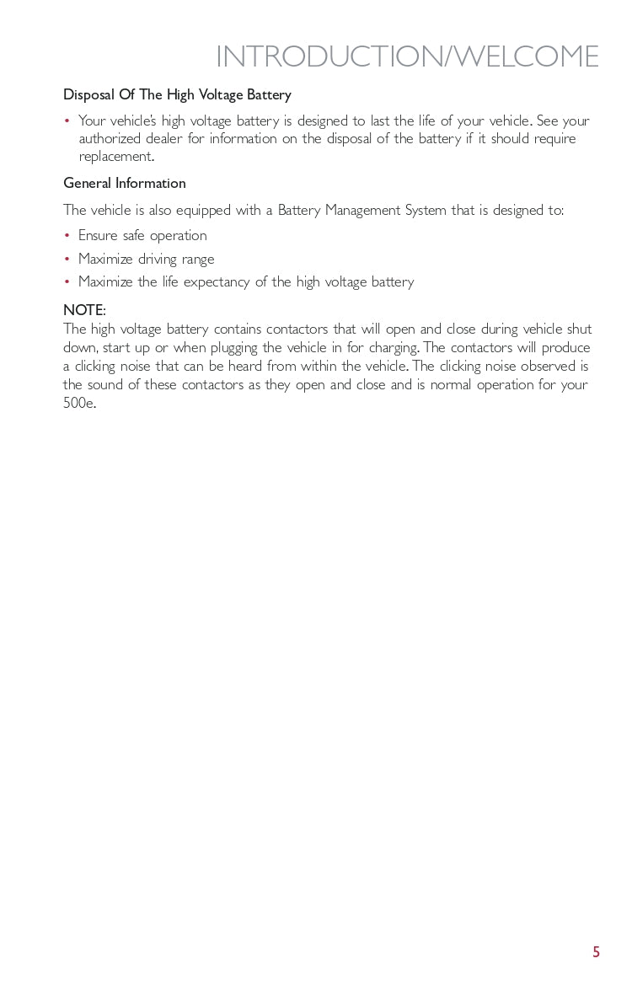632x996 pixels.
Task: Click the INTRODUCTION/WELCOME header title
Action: coord(407,57)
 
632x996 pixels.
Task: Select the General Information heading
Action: coord(125,183)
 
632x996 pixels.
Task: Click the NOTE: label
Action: coord(84,310)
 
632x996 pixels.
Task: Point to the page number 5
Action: coord(596,952)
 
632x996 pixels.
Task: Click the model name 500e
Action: coord(79,403)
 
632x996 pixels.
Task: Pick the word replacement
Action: coord(115,157)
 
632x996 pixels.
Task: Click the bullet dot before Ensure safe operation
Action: coord(67,236)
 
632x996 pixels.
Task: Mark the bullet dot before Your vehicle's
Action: coord(67,121)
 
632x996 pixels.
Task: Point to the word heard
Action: coord(244,366)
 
